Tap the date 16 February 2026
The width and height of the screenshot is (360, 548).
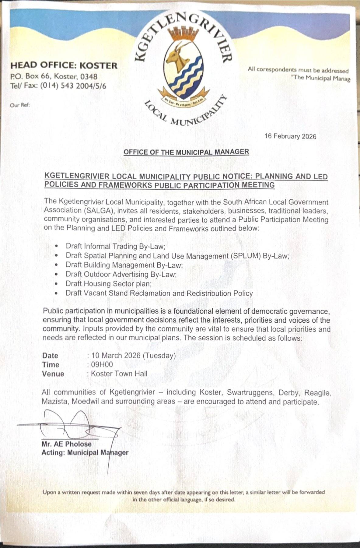pos(290,136)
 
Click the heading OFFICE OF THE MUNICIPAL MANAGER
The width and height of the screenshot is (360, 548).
pos(186,152)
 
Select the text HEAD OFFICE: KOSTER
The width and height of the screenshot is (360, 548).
pos(64,65)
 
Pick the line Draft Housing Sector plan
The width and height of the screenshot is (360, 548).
pos(109,284)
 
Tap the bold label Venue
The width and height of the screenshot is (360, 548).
pos(53,374)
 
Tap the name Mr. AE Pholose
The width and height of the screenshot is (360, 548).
pos(66,444)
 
